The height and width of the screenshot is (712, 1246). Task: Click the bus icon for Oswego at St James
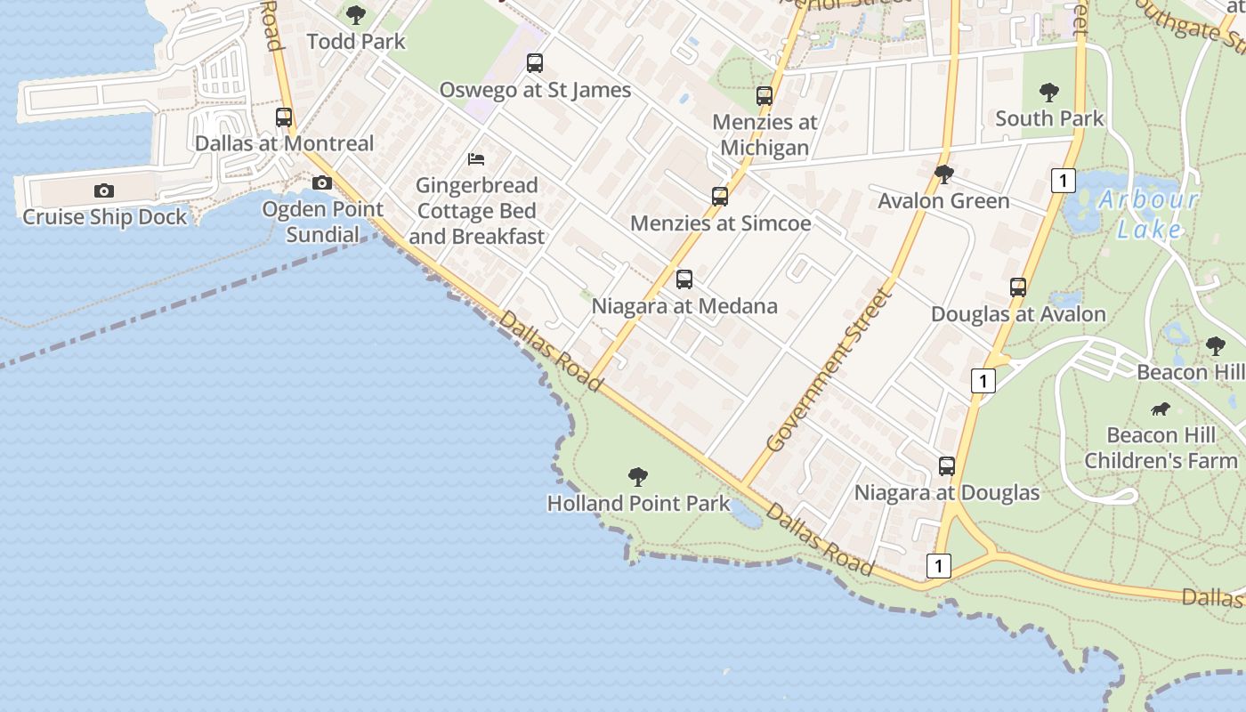(x=534, y=63)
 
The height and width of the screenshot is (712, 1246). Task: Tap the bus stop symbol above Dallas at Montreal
(x=284, y=117)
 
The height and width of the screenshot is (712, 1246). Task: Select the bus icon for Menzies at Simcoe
(x=720, y=197)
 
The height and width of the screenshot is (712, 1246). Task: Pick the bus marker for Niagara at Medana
(x=684, y=279)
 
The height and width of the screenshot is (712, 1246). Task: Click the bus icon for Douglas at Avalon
(x=1018, y=287)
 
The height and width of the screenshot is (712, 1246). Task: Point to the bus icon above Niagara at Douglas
(x=947, y=466)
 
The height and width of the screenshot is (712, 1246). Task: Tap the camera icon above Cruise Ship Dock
(x=104, y=190)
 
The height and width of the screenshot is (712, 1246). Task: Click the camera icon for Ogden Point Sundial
(x=322, y=183)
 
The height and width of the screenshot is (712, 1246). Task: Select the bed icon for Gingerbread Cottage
(x=476, y=159)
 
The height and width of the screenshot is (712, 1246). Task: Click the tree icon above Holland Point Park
(x=637, y=477)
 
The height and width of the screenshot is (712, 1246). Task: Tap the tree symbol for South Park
(x=1049, y=92)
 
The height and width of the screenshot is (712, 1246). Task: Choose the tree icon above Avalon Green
(x=944, y=174)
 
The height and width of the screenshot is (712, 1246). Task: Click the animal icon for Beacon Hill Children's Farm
(x=1161, y=409)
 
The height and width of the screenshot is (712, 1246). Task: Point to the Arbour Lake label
(x=1149, y=214)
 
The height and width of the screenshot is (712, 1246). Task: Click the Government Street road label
(x=829, y=368)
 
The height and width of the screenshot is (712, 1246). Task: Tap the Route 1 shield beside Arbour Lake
(x=1063, y=181)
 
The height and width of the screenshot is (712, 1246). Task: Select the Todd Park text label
(x=356, y=41)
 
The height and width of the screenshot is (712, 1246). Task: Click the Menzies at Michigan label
(x=765, y=134)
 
